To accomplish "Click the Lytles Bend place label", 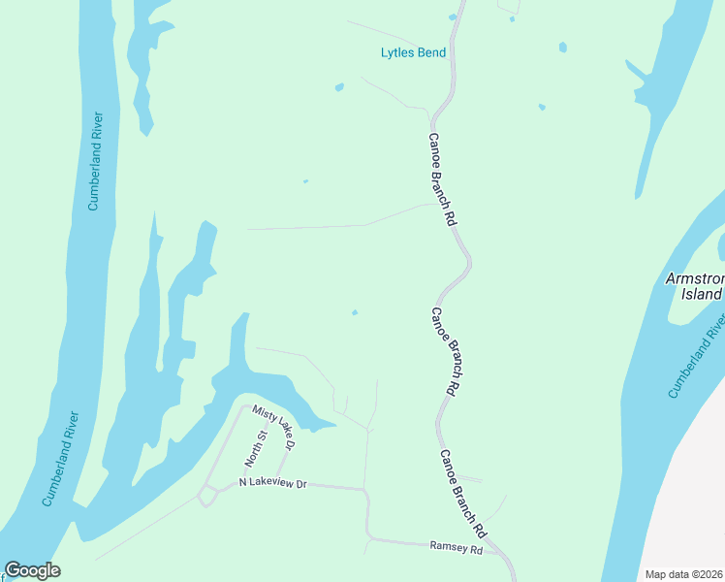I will (413, 52).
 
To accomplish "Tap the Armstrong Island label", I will (695, 286).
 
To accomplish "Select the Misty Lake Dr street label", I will (271, 428).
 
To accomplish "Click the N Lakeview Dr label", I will (272, 483).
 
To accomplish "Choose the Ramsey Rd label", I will (456, 547).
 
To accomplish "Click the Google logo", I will (32, 570).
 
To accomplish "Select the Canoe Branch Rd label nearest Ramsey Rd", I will (462, 494).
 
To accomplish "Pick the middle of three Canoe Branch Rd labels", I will (444, 350).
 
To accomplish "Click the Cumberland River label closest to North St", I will (61, 458).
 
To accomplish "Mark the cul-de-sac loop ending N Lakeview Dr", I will (206, 496).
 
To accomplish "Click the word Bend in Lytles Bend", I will (430, 52).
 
